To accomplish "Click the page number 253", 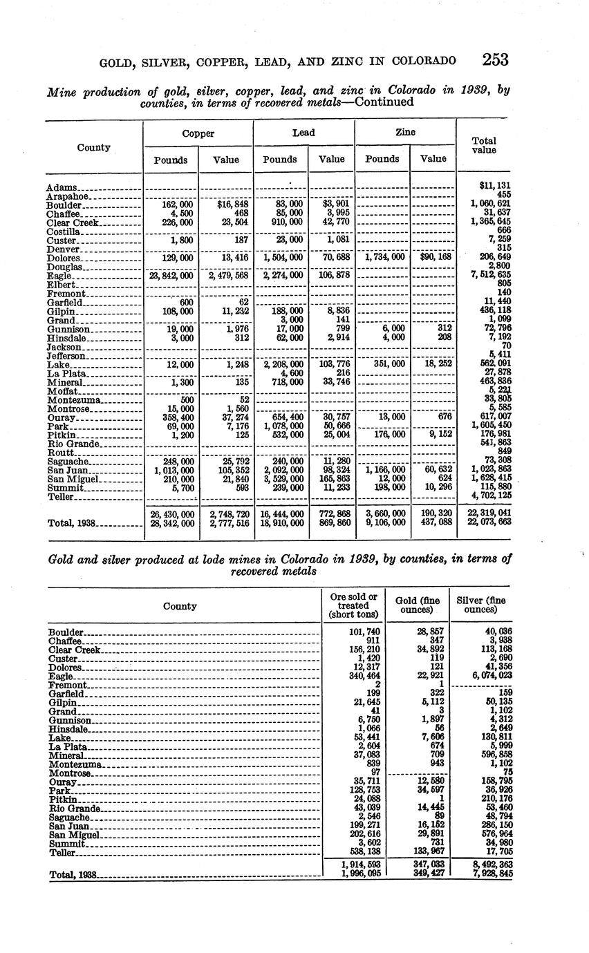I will (496, 59).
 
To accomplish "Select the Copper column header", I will (198, 133).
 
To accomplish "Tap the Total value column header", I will (484, 145).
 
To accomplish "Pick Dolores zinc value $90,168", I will (434, 258).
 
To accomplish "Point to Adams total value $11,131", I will (494, 186).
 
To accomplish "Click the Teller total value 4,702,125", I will (491, 496).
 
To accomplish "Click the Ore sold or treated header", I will (353, 605).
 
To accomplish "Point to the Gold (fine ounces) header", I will (416, 605).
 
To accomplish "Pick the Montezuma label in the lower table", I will (76, 765).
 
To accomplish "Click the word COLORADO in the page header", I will (424, 61).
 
